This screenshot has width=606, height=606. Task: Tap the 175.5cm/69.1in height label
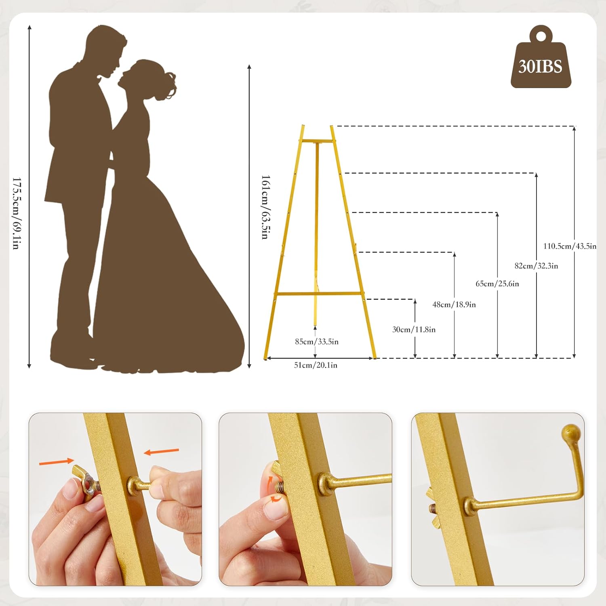coord(16,213)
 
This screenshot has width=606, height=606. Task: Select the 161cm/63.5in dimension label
coord(265,207)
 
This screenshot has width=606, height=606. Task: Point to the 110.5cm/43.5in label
coord(569,246)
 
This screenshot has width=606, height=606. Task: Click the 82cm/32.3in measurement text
coord(536,266)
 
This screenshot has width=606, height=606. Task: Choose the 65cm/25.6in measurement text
coord(497,284)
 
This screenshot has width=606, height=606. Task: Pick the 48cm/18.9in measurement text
coord(454,305)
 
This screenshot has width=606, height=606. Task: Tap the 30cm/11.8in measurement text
coord(414,330)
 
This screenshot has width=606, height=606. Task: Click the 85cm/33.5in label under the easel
coord(317,342)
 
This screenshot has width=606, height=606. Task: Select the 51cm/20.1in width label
coord(316,365)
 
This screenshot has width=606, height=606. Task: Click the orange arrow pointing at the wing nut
coord(57,461)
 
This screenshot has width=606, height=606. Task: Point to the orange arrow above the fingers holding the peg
coord(161,451)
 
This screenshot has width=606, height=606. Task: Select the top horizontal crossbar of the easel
coord(317,141)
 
